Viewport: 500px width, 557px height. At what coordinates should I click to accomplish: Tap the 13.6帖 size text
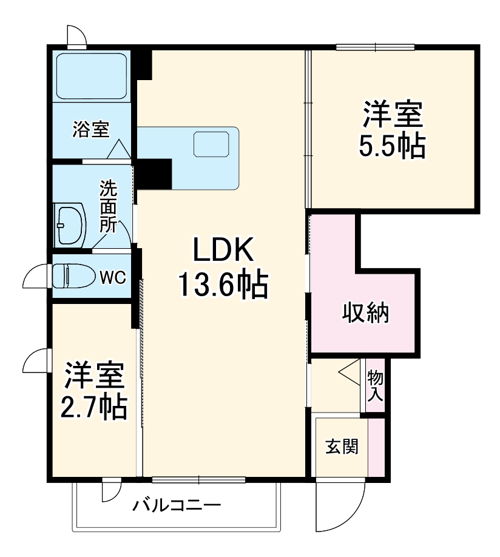pos(222,284)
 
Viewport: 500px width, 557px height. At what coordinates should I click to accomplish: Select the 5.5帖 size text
pos(391,146)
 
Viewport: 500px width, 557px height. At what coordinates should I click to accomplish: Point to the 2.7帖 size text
pos(94,408)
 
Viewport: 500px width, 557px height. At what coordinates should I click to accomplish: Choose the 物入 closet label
pos(374,387)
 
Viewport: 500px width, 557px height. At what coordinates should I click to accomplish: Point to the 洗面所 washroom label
pos(108,206)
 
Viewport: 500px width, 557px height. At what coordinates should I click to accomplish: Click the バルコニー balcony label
pos(177,504)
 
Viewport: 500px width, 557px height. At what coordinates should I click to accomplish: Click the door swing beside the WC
pos(35,277)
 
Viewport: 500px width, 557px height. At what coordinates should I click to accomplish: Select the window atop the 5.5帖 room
pos(375,47)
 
